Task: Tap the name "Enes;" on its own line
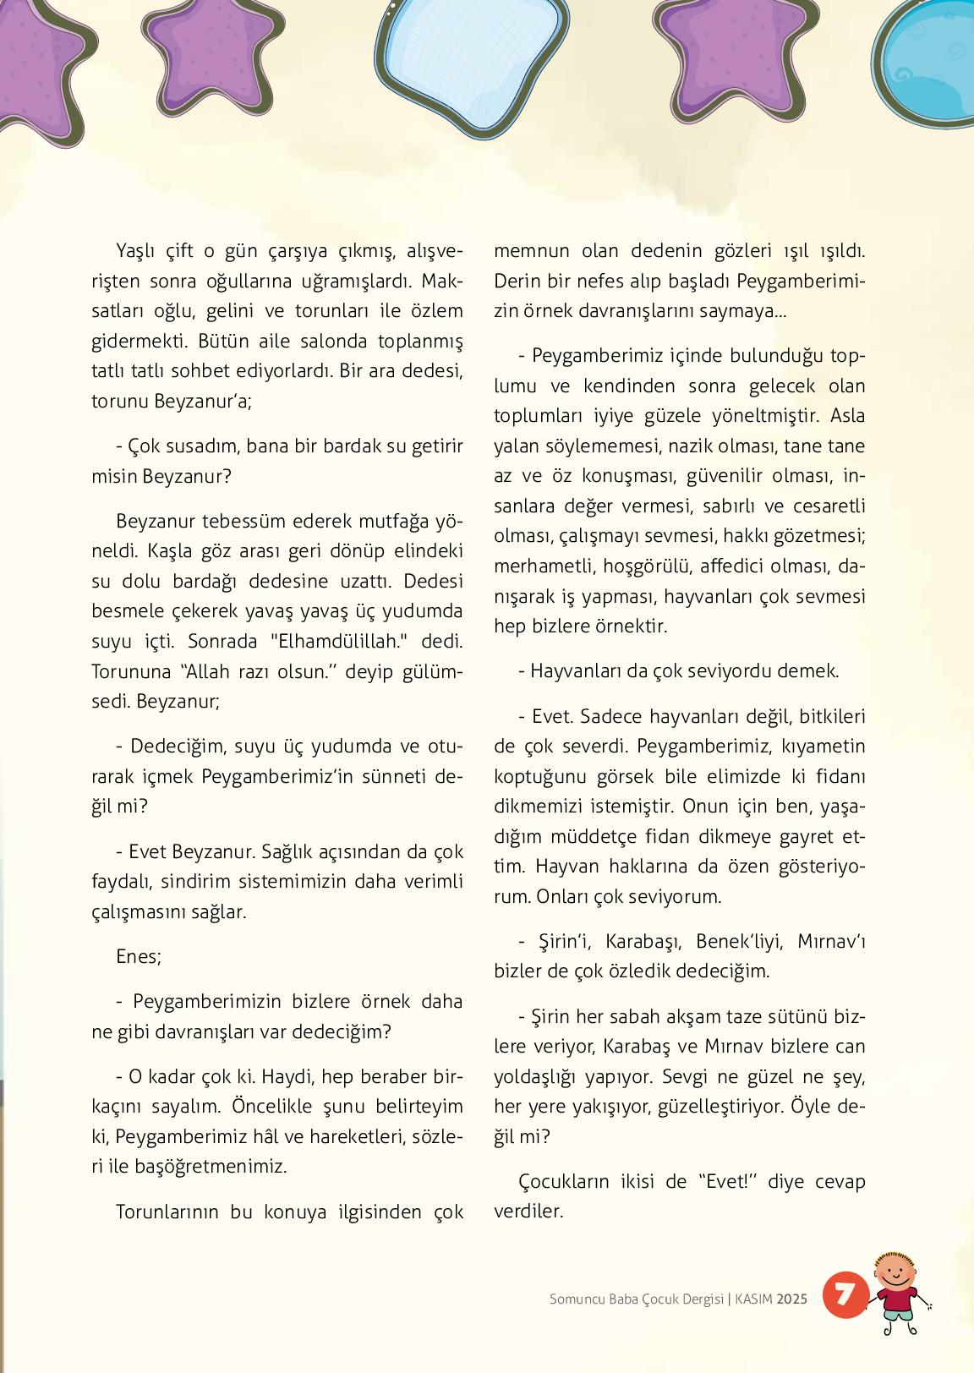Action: pos(139,956)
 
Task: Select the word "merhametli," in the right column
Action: pos(542,566)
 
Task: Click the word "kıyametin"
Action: pos(824,747)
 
